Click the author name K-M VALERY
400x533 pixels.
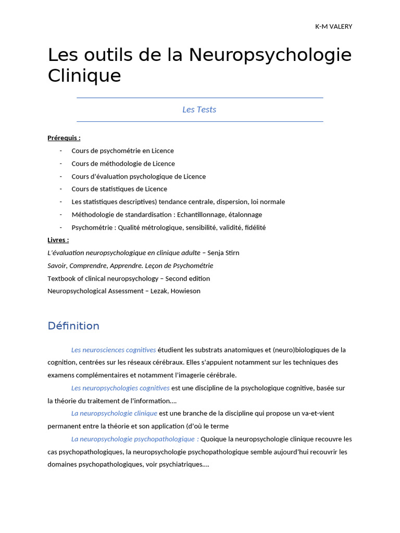[x=333, y=27]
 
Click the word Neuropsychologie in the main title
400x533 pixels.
[x=270, y=55]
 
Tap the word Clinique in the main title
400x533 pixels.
[x=84, y=76]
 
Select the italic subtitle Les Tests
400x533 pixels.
[x=199, y=109]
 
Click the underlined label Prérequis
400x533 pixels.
[x=64, y=138]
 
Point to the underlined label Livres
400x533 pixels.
[x=58, y=240]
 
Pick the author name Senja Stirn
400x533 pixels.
[x=223, y=253]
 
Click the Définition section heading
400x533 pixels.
[x=73, y=326]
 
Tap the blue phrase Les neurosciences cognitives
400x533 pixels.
[x=114, y=350]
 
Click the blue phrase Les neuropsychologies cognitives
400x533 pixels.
[x=120, y=388]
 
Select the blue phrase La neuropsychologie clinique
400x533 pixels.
[x=114, y=413]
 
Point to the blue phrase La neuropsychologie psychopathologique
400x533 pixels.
[x=133, y=439]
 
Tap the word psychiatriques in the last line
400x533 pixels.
[x=177, y=464]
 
